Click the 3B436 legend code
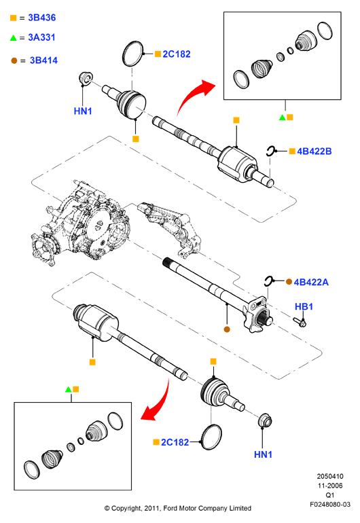pyautogui.click(x=41, y=18)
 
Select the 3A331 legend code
pyautogui.click(x=41, y=37)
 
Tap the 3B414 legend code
pyautogui.click(x=43, y=60)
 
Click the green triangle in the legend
pyautogui.click(x=14, y=37)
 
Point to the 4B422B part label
pyautogui.click(x=314, y=151)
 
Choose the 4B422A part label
pyautogui.click(x=311, y=282)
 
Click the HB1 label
pyautogui.click(x=304, y=306)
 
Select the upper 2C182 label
pyautogui.click(x=177, y=54)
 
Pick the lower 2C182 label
pyautogui.click(x=175, y=442)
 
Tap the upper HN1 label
pyautogui.click(x=83, y=111)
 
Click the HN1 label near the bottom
pyautogui.click(x=264, y=454)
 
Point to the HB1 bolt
pyautogui.click(x=300, y=322)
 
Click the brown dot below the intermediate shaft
pyautogui.click(x=227, y=329)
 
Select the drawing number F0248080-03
pyautogui.click(x=330, y=504)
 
